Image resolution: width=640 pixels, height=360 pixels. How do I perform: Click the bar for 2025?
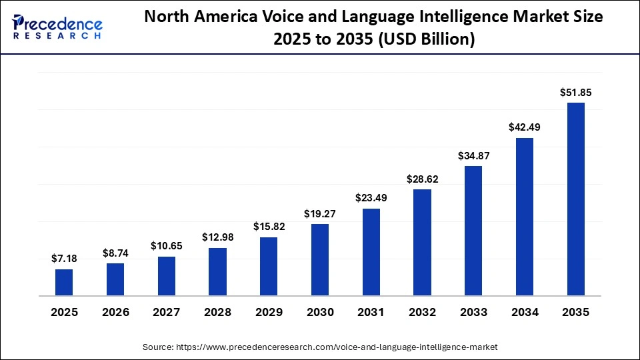click(x=64, y=282)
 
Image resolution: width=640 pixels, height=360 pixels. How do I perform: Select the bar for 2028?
click(x=217, y=271)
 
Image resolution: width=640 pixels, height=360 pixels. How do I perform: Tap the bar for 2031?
click(x=371, y=252)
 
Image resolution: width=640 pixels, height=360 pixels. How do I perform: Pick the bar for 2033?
click(x=473, y=231)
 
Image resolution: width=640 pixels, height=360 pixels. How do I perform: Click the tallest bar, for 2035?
click(x=576, y=199)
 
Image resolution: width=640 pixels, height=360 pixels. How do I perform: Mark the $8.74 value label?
click(x=115, y=254)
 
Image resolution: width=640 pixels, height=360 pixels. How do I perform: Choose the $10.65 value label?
click(x=166, y=247)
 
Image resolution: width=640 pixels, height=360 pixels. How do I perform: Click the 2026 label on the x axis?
click(x=115, y=312)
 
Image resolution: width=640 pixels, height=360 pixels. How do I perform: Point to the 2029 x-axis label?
click(x=269, y=312)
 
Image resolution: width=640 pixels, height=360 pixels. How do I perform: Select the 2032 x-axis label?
click(x=422, y=312)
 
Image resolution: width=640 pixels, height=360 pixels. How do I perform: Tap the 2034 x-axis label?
click(x=525, y=312)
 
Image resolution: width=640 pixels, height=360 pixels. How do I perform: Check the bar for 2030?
click(x=320, y=259)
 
